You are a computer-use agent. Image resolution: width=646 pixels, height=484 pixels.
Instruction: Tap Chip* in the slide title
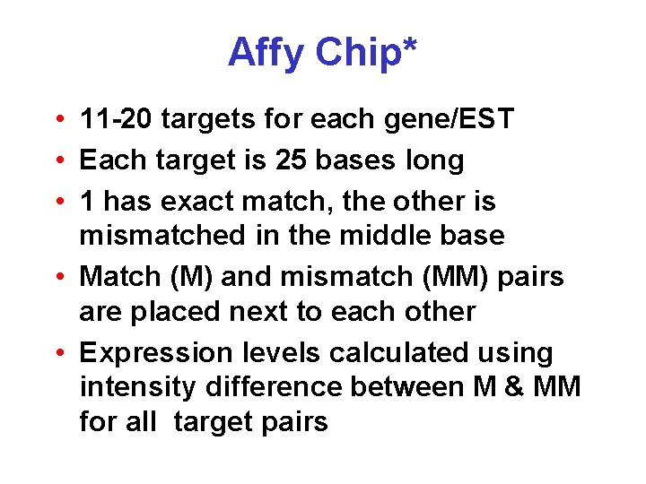[365, 53]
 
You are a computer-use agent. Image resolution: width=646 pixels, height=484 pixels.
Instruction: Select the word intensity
[137, 387]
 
